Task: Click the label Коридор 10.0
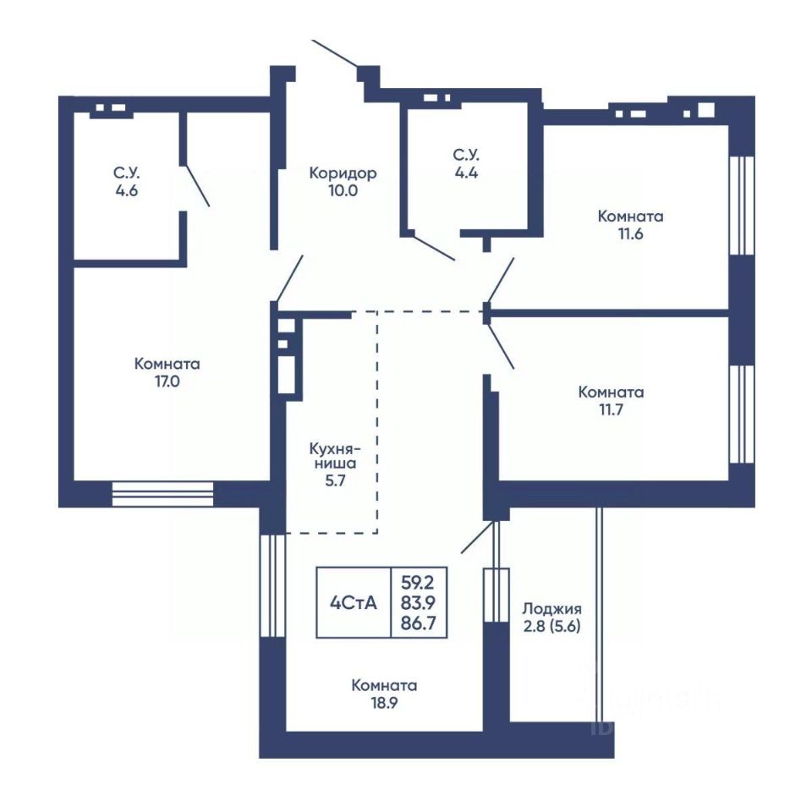coord(343,181)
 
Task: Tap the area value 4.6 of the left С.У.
coord(127,190)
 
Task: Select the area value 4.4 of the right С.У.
coord(467,173)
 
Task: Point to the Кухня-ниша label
coord(335,456)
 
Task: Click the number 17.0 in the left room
coord(167,381)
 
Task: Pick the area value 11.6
coord(630,234)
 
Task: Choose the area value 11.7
coord(611,410)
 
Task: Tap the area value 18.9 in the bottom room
coord(384,703)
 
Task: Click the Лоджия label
coord(552,608)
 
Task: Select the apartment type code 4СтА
coord(354,603)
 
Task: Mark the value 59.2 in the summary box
coord(418,583)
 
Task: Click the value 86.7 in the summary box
coord(419,623)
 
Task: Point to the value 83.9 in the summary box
coord(419,603)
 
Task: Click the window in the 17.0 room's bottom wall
coord(162,494)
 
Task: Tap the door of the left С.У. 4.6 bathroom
coord(198,185)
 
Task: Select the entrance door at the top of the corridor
coord(335,53)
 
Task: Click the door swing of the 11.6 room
coord(501,280)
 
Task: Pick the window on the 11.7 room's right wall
coord(741,414)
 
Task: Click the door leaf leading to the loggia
coord(476,538)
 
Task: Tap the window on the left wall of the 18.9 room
coord(272,585)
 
